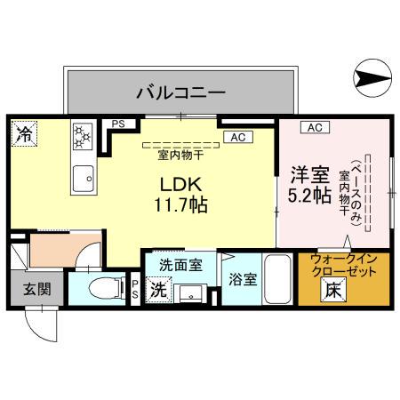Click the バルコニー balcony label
click(x=181, y=91)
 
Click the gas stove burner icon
click(x=83, y=136)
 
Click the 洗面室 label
click(x=180, y=264)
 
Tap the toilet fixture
click(x=98, y=287)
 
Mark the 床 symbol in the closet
click(x=331, y=289)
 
